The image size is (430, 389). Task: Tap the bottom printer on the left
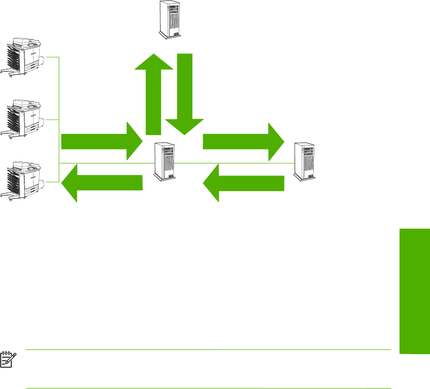24,179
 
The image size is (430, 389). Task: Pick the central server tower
165,161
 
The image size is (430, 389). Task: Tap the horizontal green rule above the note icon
209,349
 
